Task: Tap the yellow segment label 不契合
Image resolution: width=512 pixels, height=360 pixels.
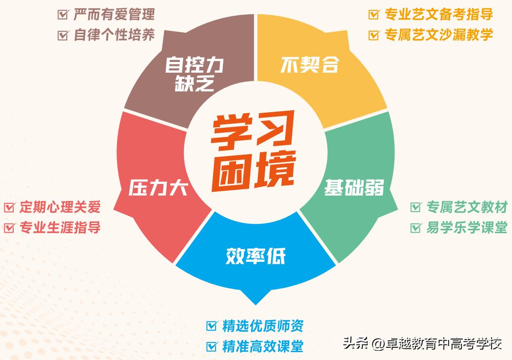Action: point(309,65)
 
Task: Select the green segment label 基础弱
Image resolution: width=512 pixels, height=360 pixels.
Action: point(354,188)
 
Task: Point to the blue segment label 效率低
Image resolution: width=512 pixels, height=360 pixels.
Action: point(256,255)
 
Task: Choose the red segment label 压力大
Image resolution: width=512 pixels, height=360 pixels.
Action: point(158,188)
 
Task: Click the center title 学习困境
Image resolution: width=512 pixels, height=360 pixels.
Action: point(254,153)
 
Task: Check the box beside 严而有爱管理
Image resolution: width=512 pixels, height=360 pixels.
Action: point(63,14)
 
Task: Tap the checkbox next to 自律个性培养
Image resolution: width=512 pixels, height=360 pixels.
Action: point(63,35)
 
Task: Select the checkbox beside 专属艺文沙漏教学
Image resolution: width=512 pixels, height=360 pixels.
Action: point(374,35)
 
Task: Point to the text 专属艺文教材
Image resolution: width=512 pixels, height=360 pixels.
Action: point(467,207)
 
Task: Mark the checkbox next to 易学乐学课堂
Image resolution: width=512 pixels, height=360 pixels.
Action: point(416,228)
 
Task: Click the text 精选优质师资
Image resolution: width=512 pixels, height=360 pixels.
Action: point(262,325)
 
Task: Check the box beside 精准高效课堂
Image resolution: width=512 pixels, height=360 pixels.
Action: point(212,346)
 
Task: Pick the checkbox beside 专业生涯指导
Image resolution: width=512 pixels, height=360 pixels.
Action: point(9,228)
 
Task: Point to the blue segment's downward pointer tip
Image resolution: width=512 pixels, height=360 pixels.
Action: point(256,304)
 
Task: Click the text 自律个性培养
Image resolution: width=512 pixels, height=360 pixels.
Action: point(114,35)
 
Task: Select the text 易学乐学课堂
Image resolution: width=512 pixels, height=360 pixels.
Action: point(467,228)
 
